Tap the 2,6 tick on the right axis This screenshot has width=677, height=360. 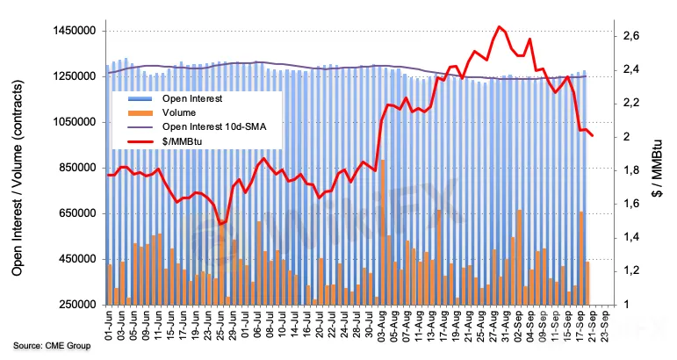pos(631,36)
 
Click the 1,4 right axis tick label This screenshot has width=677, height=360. pos(631,237)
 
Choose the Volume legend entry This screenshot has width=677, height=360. pos(179,112)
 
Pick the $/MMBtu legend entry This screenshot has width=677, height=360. pos(183,140)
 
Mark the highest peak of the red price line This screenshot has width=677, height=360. pos(499,26)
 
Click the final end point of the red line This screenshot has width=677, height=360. pos(592,135)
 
